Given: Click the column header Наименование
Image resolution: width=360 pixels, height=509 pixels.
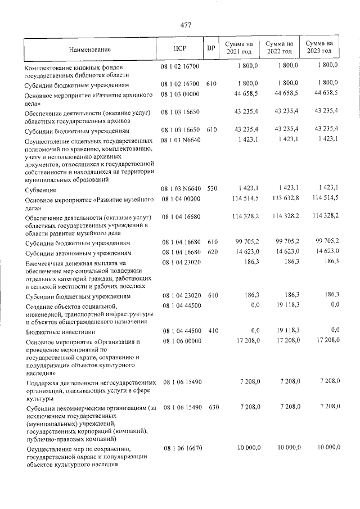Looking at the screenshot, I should pos(90,49).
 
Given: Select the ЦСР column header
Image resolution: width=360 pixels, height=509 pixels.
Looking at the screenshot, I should pos(180,49).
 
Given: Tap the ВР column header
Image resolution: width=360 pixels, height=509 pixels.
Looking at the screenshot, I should pos(211,49).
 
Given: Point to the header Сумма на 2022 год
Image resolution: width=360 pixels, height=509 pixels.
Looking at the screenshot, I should pos(279,47).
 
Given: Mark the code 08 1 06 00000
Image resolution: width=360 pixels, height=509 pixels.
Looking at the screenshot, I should pos(181,341).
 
